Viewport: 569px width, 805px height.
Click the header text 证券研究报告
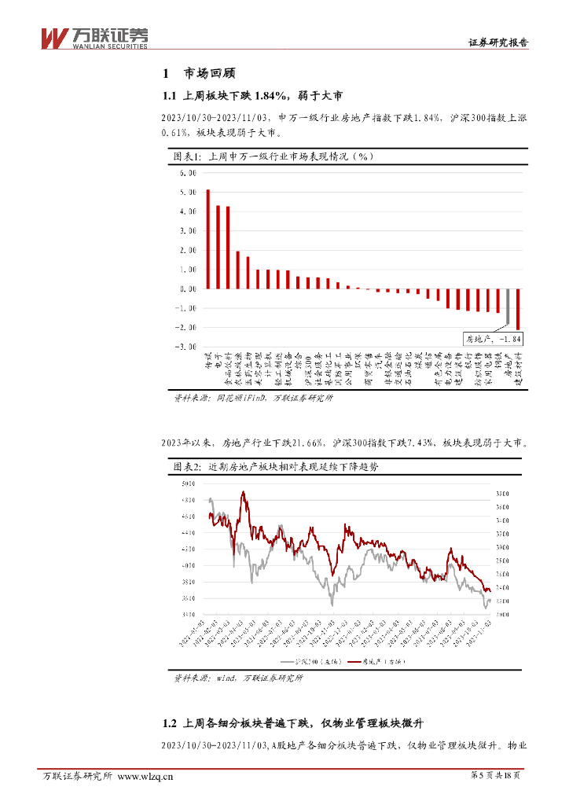pos(497,43)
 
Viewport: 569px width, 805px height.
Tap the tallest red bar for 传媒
pos(207,239)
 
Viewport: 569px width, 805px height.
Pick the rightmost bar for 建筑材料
pos(518,308)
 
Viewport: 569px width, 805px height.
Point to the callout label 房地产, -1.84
pos(493,339)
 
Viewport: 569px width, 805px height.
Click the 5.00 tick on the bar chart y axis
pos(186,192)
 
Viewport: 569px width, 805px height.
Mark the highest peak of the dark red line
pos(244,492)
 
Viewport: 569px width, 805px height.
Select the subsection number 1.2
pos(167,724)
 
